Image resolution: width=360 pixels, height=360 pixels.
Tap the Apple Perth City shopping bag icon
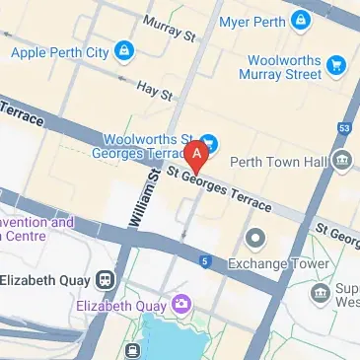[122, 48]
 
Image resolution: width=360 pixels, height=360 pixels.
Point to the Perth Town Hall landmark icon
[342, 160]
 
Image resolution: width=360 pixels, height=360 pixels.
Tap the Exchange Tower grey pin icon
[255, 238]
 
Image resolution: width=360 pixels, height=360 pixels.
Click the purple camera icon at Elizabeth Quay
[181, 303]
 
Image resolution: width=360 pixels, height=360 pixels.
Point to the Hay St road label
[155, 91]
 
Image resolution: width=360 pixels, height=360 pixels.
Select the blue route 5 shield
[204, 261]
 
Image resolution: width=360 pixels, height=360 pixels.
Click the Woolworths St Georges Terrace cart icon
[208, 142]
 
